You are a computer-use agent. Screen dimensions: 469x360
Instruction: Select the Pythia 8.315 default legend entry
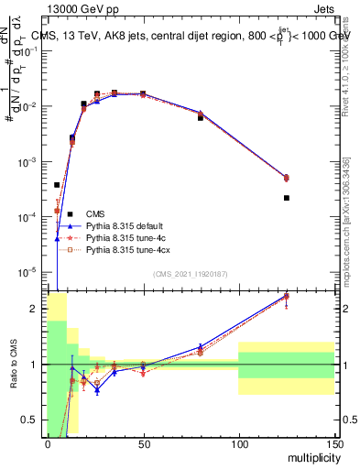[125, 224]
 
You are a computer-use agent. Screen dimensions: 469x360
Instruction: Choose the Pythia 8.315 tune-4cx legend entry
[127, 248]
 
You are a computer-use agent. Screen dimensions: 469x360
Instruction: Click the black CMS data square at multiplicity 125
[287, 198]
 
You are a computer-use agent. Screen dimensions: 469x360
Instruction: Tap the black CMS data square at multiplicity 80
[201, 118]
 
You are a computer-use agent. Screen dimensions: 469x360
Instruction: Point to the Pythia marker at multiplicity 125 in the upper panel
[287, 178]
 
